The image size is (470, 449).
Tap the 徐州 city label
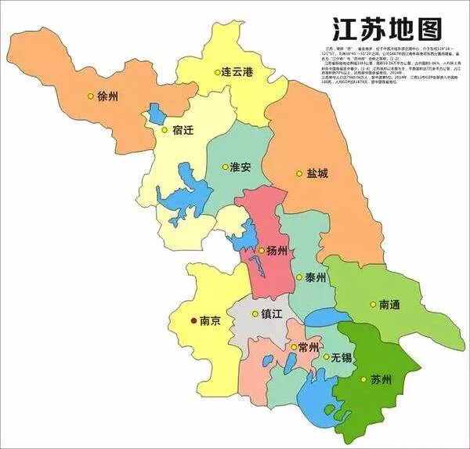(x=107, y=97)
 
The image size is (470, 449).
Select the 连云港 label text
(x=237, y=71)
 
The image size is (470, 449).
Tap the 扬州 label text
(x=277, y=251)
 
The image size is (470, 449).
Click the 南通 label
(x=391, y=304)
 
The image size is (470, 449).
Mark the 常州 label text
(x=308, y=347)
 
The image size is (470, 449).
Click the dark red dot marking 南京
(x=193, y=320)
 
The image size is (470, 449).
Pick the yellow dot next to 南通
(x=372, y=304)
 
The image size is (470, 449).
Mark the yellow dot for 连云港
(x=217, y=72)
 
